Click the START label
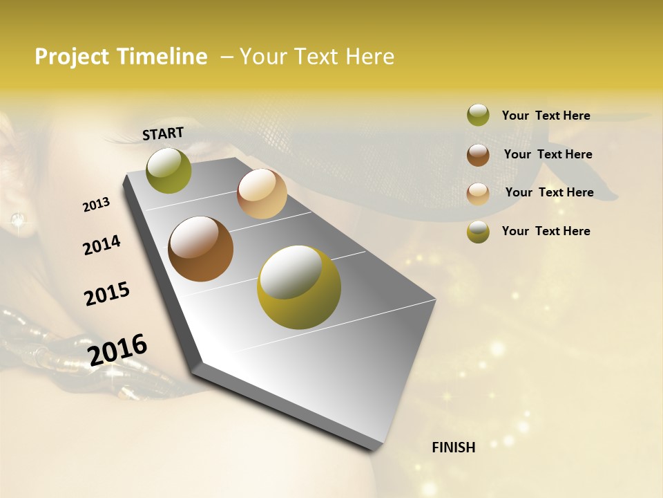pos(163,133)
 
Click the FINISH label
pos(453,448)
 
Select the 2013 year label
pos(96,205)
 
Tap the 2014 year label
pos(102,245)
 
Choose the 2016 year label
pos(117,349)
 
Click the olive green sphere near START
pos(169,170)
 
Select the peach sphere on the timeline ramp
pos(262,194)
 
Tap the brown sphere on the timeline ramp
pos(201,249)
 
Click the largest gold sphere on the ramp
pos(299,287)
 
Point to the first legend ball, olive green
pos(478,115)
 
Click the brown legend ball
pos(478,154)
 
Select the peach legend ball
pos(478,194)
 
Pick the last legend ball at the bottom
pos(478,232)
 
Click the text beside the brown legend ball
pos(548,154)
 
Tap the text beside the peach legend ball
pos(549,192)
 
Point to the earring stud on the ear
pos(17,221)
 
